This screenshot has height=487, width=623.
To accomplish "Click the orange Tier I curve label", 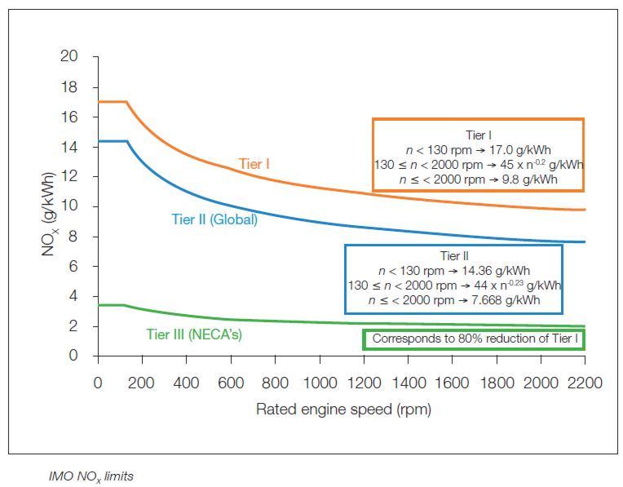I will tap(254, 164).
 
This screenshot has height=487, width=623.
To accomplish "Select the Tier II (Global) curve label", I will tap(214, 219).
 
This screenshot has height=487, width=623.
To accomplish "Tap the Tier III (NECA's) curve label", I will tap(193, 334).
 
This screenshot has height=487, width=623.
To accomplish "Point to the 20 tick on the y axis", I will tap(69, 57).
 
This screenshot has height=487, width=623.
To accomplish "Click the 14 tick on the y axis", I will tap(69, 147).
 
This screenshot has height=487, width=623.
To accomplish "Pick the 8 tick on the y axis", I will tap(73, 237).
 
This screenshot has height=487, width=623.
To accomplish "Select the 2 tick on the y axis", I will tap(73, 326).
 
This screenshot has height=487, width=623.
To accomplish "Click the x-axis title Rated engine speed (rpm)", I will tap(343, 410).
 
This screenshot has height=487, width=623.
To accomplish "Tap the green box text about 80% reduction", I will tap(474, 339).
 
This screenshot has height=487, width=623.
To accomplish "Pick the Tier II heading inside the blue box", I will tap(453, 256).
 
